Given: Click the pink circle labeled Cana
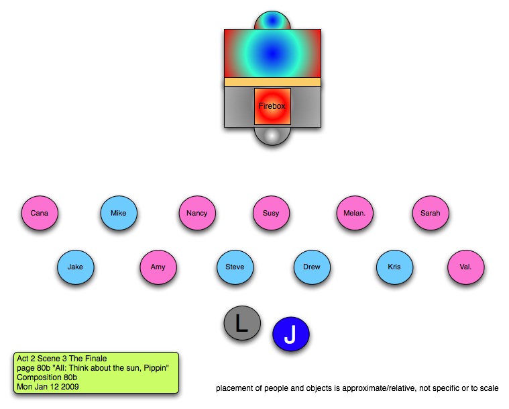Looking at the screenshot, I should [x=40, y=214].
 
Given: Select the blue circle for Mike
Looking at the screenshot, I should [x=119, y=214].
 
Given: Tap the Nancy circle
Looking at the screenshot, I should [x=197, y=214].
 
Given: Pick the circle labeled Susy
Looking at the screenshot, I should [x=271, y=214].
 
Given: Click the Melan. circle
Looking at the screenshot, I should [x=354, y=214].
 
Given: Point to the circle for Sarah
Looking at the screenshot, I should [x=431, y=214].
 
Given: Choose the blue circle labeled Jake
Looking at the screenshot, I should [x=75, y=267].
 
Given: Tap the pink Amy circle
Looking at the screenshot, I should [x=158, y=267].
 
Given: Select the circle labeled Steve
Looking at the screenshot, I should [x=235, y=267].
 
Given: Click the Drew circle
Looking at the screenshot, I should [x=312, y=267].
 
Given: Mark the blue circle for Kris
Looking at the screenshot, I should [x=394, y=267].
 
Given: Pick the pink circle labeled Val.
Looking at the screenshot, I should [x=465, y=267].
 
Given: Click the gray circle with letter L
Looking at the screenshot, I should [x=242, y=324].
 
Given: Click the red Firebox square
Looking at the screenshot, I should [x=272, y=106].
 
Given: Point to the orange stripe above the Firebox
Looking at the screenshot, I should [x=272, y=82].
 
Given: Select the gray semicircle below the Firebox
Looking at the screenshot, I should [x=272, y=135].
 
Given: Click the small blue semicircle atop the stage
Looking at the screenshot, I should [x=272, y=21].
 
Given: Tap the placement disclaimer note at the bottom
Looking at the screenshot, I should [x=357, y=388].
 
